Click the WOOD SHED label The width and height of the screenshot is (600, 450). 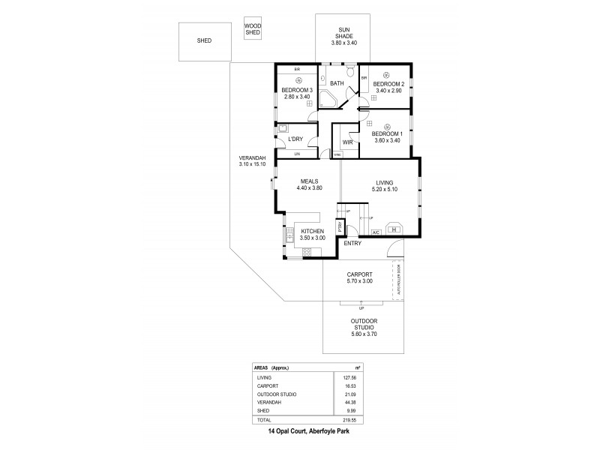253,29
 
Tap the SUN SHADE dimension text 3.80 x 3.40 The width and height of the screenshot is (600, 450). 344,43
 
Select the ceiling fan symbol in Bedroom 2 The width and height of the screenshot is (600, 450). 386,74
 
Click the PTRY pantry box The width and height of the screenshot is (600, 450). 340,225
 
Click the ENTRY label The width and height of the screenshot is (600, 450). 352,243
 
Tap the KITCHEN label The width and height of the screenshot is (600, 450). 312,231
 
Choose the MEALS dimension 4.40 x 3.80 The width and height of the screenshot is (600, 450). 310,188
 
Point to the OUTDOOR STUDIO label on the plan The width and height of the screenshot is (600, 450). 363,325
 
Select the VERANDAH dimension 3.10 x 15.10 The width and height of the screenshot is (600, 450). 253,163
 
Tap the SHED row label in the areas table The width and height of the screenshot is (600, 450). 262,411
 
